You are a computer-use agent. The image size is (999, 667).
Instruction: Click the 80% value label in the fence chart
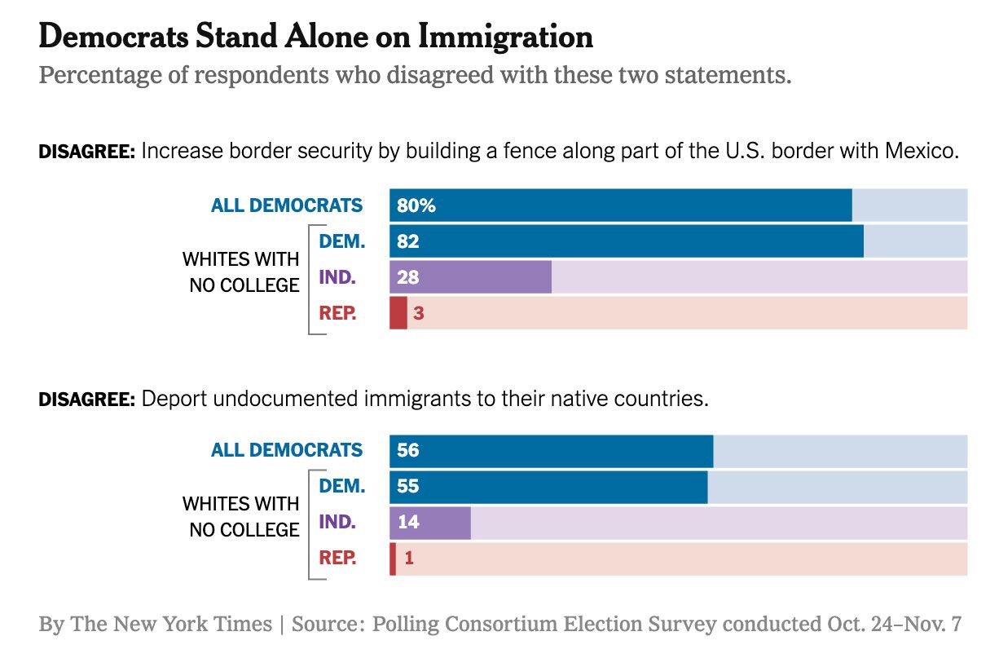pos(416,205)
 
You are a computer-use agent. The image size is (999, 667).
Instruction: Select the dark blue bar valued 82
pos(626,241)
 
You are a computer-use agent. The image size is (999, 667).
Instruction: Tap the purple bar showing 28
pos(470,277)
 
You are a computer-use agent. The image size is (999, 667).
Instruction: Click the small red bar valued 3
pos(398,313)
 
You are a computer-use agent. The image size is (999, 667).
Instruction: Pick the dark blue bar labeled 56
pos(551,451)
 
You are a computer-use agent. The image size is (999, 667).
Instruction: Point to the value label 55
pos(408,487)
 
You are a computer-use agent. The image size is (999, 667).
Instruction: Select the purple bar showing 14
pos(430,523)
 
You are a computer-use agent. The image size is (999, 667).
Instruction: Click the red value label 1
pos(409,559)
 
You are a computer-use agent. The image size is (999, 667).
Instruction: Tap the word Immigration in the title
pos(505,37)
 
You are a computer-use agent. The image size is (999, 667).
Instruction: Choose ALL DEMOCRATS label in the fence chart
pos(287,205)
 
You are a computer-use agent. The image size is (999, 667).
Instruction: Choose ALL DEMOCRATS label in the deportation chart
pos(287,450)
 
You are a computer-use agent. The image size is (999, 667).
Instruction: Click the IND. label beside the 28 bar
pos(337,277)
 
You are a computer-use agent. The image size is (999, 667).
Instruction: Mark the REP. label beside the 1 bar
pos(337,559)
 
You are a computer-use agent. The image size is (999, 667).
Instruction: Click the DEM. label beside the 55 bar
pos(342,487)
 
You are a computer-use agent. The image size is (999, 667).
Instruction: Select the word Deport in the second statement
pos(169,400)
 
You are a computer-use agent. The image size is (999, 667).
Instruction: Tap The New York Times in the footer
pos(171,625)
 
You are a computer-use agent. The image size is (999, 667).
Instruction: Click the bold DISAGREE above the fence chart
pos(86,152)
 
